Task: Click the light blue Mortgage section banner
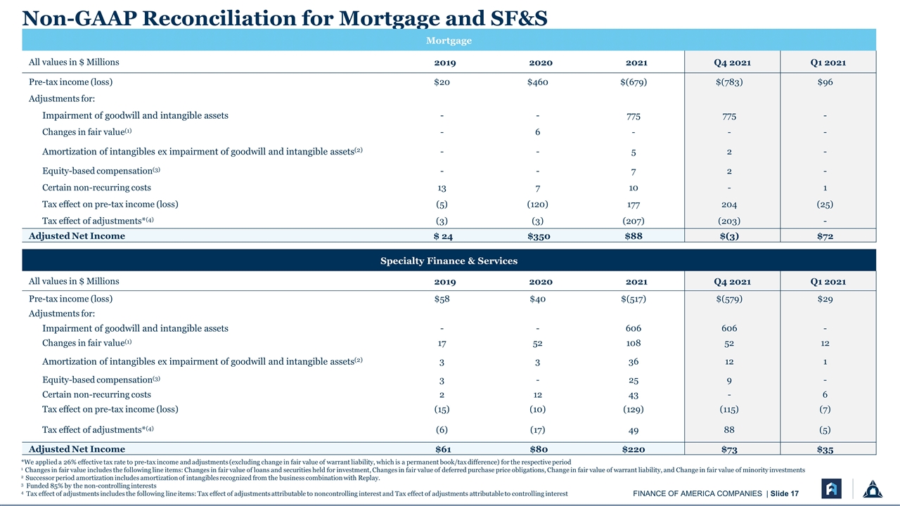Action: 449,40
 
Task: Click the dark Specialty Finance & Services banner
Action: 449,260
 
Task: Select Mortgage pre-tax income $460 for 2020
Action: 538,82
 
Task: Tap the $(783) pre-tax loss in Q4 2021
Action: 729,82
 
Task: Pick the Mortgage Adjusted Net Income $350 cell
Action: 539,236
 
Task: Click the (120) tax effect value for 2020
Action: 538,205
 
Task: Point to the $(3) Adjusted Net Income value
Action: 729,236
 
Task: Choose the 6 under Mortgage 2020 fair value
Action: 538,132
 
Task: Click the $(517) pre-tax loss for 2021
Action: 634,299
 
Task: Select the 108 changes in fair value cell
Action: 634,343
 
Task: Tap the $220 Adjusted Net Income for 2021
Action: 634,449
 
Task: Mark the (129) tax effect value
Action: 634,409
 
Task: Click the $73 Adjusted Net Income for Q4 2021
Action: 729,449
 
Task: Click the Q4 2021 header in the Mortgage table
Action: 733,63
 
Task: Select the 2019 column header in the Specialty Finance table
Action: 445,282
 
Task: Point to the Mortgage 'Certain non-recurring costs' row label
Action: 96,188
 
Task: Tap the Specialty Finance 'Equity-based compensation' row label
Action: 101,379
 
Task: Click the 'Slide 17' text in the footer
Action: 784,493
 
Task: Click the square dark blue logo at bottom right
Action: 831,488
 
